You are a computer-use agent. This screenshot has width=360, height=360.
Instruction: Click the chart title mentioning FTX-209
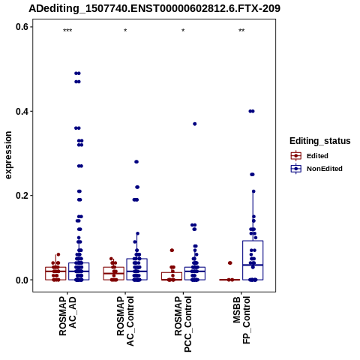[x=154, y=9]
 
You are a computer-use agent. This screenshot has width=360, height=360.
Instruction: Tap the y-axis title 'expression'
[x=8, y=155]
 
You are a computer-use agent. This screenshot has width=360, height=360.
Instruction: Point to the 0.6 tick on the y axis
[x=22, y=27]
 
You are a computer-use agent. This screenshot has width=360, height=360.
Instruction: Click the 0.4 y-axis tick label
[x=22, y=111]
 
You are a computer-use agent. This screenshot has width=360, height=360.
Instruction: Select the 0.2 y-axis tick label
[x=22, y=196]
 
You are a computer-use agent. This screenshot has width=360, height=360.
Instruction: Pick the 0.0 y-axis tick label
[x=22, y=280]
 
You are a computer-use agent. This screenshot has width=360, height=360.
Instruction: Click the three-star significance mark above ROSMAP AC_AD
[x=67, y=31]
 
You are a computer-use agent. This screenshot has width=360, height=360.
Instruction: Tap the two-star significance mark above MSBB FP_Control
[x=241, y=31]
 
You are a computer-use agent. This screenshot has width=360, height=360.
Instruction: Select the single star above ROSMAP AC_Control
[x=125, y=31]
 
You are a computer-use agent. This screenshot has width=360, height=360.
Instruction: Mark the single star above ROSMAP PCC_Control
[x=183, y=31]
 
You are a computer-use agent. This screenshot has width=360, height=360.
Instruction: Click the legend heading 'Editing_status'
[x=320, y=141]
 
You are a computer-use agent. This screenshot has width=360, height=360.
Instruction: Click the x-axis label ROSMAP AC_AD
[x=67, y=316]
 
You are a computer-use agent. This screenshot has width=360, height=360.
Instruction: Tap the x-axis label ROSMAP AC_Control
[x=125, y=321]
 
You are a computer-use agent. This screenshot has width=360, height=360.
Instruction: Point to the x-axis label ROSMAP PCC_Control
[x=183, y=324]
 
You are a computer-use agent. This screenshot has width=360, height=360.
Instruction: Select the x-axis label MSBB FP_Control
[x=241, y=319]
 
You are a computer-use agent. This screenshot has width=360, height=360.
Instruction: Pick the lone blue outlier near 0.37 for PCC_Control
[x=195, y=124]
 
